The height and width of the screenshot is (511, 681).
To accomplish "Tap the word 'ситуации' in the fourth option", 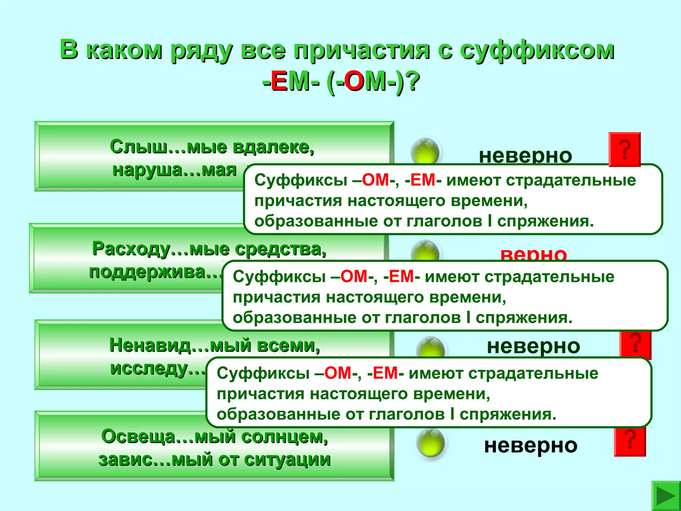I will pyautogui.click(x=287, y=460).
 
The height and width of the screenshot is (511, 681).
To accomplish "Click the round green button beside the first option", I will pyautogui.click(x=425, y=151).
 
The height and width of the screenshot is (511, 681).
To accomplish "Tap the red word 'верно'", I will pyautogui.click(x=533, y=255).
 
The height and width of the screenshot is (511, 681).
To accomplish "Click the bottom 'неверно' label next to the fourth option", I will pyautogui.click(x=531, y=445).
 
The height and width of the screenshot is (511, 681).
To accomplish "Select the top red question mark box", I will pyautogui.click(x=624, y=149).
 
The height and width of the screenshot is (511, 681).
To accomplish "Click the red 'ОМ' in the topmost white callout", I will pyautogui.click(x=375, y=180).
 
